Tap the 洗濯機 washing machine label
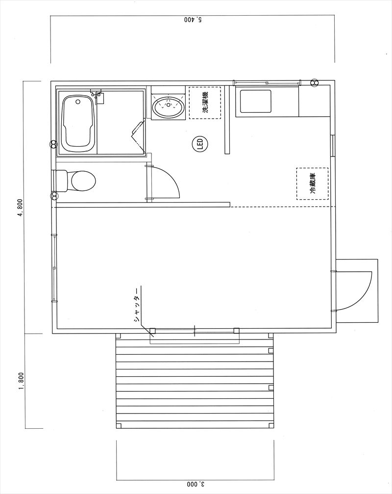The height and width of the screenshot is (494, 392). tap(205, 103)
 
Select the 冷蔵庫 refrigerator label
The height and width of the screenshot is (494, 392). tap(313, 183)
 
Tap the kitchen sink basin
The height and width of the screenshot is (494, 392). tap(255, 101)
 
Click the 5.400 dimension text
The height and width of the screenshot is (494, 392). tap(193, 20)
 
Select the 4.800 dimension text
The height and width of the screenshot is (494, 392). tap(21, 208)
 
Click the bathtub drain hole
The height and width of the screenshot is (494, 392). tap(78, 102)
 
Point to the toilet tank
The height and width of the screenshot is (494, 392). tap(61, 181)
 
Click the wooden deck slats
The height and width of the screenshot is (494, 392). tap(195, 381)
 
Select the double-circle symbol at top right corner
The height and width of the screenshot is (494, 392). tap(314, 82)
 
